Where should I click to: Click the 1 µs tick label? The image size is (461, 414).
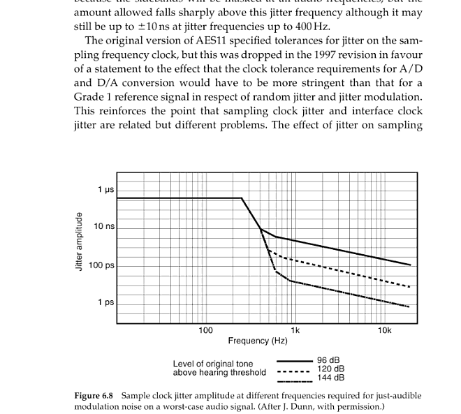[x=106, y=190]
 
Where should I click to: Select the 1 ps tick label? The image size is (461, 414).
[x=106, y=302]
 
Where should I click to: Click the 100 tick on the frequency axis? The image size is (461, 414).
[x=205, y=330]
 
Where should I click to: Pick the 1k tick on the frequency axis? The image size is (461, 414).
[x=295, y=330]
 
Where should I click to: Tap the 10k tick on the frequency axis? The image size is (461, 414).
[x=384, y=330]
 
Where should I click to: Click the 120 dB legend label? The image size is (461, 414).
[x=330, y=369]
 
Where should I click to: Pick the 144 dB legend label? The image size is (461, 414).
[x=330, y=378]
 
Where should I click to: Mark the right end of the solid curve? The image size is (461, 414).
[x=411, y=265]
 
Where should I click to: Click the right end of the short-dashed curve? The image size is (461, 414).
[x=411, y=287]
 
